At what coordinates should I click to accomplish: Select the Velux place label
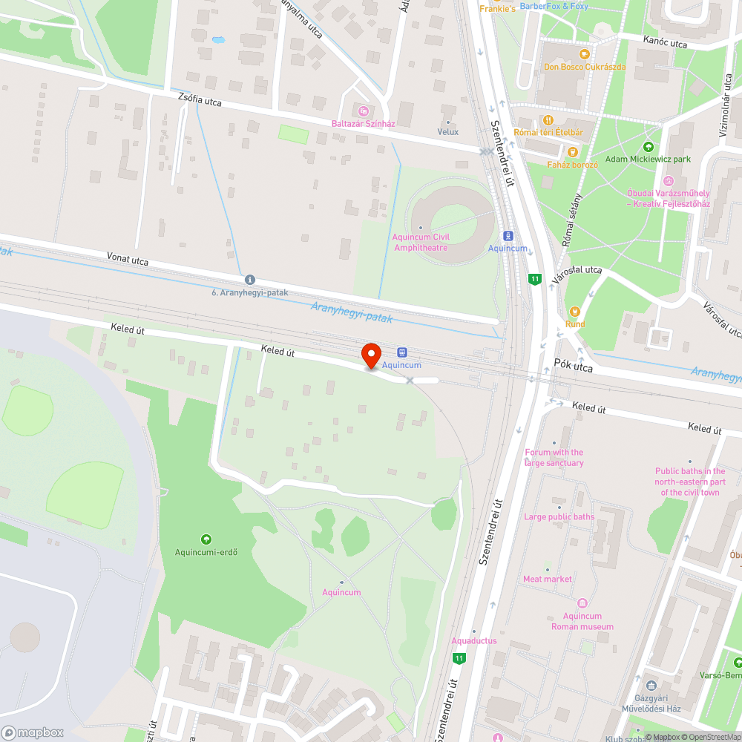448,131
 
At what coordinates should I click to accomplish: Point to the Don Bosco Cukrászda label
584,66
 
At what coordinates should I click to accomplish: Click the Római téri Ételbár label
548,132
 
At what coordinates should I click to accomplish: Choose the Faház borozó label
572,164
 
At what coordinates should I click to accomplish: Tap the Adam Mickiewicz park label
648,159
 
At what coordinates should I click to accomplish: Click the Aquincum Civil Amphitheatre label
421,242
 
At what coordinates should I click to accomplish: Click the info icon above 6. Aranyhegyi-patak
249,280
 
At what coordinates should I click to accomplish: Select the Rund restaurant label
574,324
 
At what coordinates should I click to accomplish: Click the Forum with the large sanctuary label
554,457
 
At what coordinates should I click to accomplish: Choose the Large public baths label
559,516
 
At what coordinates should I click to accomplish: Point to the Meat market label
548,579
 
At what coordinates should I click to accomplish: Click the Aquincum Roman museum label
582,620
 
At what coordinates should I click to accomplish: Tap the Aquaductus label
473,640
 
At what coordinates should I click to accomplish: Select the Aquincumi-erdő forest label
206,551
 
